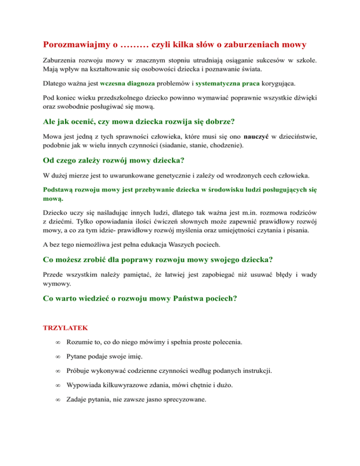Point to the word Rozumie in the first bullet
point(79,343)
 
